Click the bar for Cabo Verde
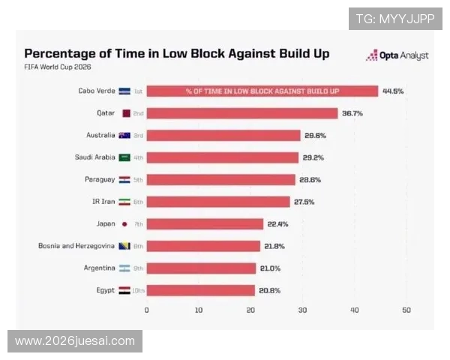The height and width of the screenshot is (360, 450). click(x=262, y=91)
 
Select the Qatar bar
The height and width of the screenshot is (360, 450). click(x=242, y=113)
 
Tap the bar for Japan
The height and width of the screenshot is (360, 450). click(x=205, y=224)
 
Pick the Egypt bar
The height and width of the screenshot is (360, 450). click(x=200, y=290)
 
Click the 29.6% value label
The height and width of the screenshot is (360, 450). click(x=315, y=136)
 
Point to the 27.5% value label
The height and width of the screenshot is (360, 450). click(x=304, y=202)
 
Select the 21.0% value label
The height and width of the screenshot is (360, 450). click(x=270, y=268)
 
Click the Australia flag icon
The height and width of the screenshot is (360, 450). click(x=124, y=135)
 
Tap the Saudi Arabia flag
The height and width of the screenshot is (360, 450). click(x=124, y=157)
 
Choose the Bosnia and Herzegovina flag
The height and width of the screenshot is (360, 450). click(x=124, y=246)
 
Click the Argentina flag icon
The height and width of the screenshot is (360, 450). click(x=124, y=268)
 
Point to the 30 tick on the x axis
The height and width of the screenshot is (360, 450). click(x=302, y=310)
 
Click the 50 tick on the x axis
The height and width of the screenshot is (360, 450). click(x=406, y=310)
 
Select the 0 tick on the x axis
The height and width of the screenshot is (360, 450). click(x=147, y=310)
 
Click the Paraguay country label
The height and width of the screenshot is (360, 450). click(x=100, y=180)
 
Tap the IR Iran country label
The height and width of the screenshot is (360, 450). click(x=103, y=202)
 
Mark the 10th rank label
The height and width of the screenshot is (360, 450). click(x=138, y=290)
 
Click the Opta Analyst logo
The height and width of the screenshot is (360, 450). click(x=397, y=55)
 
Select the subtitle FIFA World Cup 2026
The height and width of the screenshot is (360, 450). click(x=58, y=67)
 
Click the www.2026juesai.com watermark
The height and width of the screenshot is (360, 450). click(x=75, y=341)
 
